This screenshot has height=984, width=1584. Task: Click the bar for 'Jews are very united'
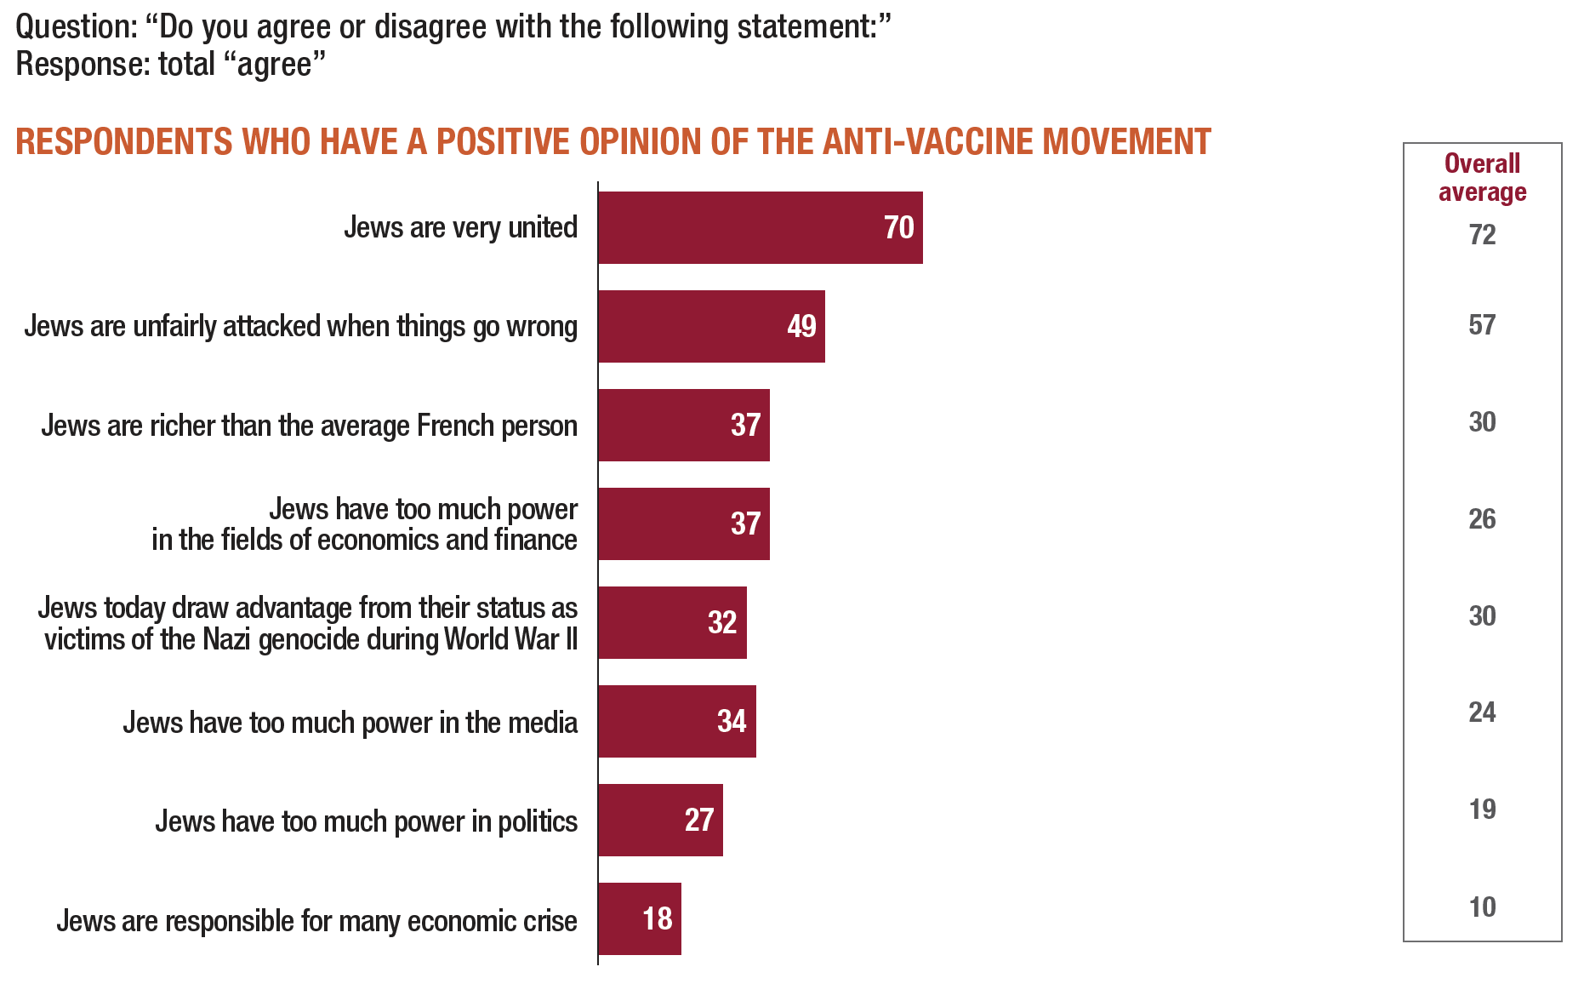tap(760, 227)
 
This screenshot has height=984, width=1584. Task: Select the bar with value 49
tap(711, 326)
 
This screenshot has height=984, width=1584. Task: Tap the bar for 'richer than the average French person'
tap(683, 425)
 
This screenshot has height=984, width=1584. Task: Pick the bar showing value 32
tap(672, 622)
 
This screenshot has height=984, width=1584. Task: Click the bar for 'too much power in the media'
tap(676, 721)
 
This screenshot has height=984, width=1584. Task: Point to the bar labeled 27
tap(660, 820)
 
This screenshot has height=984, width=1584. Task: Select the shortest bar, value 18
tap(639, 918)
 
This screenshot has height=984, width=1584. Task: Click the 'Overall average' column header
tap(1482, 177)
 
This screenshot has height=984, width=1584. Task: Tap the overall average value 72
tap(1482, 234)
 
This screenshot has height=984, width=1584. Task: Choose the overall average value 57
tap(1482, 324)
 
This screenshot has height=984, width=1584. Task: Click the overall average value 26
tap(1482, 518)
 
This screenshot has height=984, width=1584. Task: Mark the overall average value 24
tap(1482, 712)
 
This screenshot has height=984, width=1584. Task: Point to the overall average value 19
tap(1482, 809)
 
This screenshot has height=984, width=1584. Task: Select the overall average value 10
tap(1482, 907)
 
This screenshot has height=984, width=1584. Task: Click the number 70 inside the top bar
tap(898, 227)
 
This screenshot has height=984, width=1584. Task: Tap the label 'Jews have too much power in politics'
tap(366, 821)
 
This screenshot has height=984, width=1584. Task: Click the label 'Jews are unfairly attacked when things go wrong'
tap(300, 326)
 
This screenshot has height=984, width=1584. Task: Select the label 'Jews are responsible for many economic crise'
tap(316, 921)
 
